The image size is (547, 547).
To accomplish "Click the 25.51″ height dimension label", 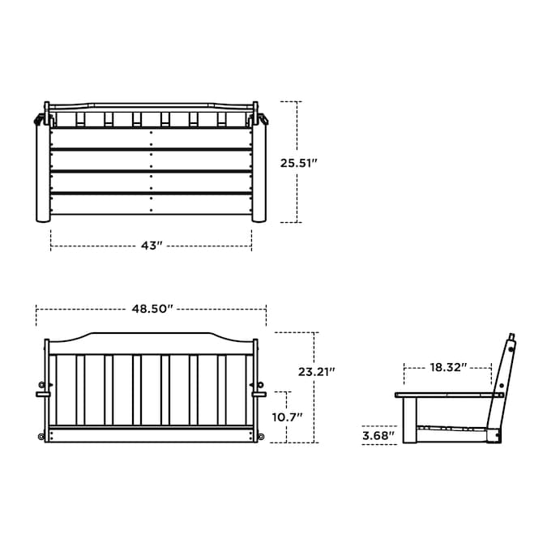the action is (x=298, y=163).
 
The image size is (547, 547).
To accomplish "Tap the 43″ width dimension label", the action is (x=152, y=246).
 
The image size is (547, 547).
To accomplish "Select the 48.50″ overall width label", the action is (x=152, y=309).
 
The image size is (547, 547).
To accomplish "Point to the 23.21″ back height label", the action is (x=316, y=372).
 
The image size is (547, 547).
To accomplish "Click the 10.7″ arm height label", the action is (x=287, y=417).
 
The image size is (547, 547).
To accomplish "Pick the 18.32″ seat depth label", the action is (x=448, y=367).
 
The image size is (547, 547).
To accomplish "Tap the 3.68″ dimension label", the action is (x=378, y=436).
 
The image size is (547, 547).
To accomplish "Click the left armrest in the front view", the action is (x=43, y=395).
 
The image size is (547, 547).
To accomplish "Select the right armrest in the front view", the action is (x=259, y=395).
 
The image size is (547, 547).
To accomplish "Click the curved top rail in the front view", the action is (x=151, y=344).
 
